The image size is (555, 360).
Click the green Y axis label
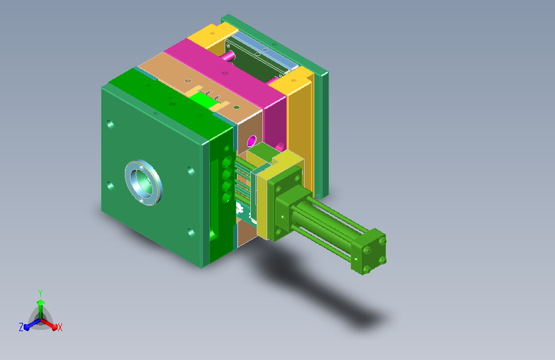coord(40,291)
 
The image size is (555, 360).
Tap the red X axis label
coord(60,327)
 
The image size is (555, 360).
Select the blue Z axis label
coord(21,327)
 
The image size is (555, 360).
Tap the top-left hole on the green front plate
coord(111,124)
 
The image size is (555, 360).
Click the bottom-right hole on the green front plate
coord(190,232)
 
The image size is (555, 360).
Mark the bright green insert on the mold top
coord(204,99)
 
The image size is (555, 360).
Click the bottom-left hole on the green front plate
coord(111,186)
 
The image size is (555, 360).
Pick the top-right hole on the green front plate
coord(190,170)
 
